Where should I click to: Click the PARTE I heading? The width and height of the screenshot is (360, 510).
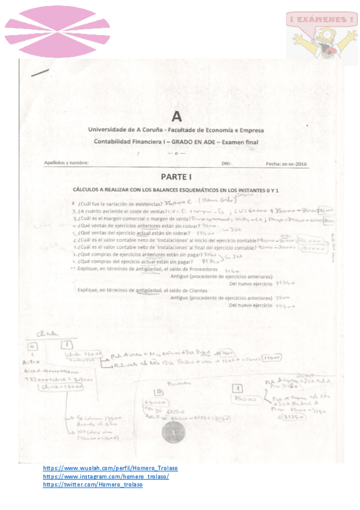175,177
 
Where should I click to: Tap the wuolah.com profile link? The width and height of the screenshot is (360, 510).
110,468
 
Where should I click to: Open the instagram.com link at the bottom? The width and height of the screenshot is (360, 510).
106,476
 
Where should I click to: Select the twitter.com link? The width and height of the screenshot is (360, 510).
93,484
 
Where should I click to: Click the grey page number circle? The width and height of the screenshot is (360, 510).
174,432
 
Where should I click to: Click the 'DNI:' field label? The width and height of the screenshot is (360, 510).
226,162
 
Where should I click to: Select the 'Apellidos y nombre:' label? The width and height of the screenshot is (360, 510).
67,162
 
